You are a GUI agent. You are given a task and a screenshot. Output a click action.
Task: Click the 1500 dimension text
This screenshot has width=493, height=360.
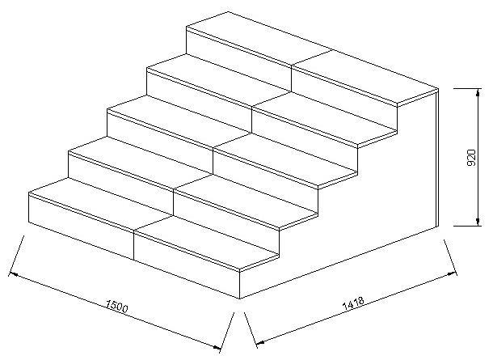[x=117, y=307]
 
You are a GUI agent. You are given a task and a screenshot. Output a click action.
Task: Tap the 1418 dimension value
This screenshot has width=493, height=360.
[x=353, y=303]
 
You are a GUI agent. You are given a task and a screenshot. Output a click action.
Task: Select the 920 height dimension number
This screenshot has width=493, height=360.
[x=471, y=157]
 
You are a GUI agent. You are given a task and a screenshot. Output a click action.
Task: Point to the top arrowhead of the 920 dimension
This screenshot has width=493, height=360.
[x=478, y=92]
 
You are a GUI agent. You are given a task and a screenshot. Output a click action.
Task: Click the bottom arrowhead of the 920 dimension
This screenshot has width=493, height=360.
[x=478, y=222]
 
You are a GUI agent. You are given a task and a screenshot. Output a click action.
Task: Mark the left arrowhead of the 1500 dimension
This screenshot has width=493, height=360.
[x=13, y=274]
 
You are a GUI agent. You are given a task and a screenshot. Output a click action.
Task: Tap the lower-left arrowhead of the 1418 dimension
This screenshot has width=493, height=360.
[x=260, y=342]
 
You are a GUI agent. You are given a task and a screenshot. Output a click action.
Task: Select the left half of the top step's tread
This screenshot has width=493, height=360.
[x=259, y=38]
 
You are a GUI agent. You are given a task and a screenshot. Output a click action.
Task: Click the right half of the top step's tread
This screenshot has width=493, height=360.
[x=364, y=77]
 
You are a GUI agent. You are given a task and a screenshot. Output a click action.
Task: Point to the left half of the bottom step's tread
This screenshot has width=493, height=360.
[x=101, y=203]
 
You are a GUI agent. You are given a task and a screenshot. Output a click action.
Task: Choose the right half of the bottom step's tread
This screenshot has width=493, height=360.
[x=207, y=243]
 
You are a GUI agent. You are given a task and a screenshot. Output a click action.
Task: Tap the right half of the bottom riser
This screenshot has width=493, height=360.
[x=187, y=265]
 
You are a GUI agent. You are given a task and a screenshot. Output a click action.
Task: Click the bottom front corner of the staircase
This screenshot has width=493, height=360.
[x=240, y=299]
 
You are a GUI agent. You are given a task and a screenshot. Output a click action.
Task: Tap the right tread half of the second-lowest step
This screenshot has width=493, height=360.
[x=246, y=201]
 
